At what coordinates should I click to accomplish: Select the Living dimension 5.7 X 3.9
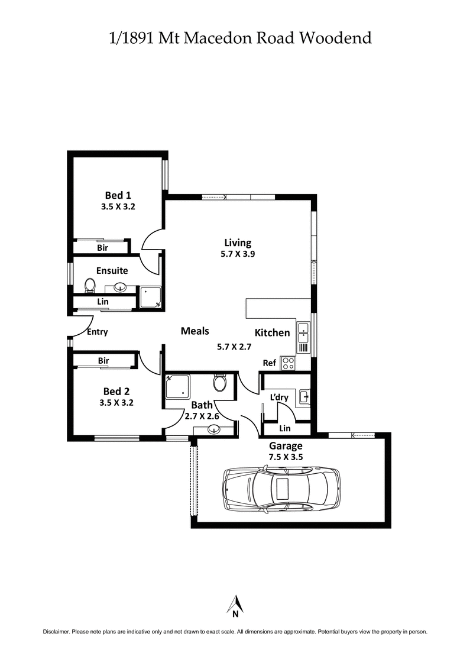click(238, 254)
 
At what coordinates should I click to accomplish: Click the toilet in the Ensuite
click(90, 286)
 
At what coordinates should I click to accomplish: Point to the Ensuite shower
click(150, 298)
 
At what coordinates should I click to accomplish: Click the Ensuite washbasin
click(121, 288)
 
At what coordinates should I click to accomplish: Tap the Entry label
click(97, 332)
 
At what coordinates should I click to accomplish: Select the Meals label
click(195, 331)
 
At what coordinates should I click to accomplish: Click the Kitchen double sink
click(303, 333)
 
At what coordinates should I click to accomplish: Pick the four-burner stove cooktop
click(288, 363)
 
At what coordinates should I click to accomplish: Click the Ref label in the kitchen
click(269, 363)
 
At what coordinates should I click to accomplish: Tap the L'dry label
click(278, 397)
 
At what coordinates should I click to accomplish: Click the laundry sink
click(303, 396)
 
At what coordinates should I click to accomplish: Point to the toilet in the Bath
click(219, 383)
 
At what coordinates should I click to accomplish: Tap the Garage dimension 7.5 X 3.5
click(286, 457)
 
